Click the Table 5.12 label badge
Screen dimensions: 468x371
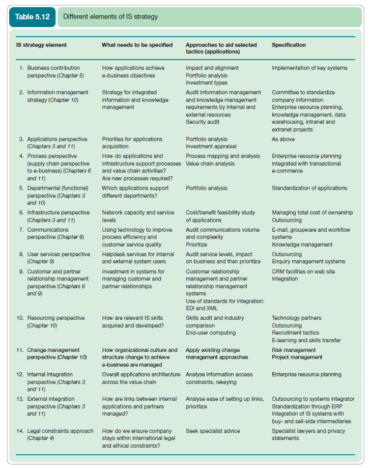(x=32, y=17)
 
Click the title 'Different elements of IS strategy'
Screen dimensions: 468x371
(x=110, y=17)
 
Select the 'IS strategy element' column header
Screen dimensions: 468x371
(x=41, y=45)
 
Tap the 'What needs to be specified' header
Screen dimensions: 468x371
(x=137, y=45)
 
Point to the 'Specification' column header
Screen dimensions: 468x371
(x=289, y=45)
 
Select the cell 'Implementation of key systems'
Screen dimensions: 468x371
(x=309, y=68)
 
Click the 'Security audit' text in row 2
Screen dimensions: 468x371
(x=203, y=122)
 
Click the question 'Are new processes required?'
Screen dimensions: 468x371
(x=137, y=178)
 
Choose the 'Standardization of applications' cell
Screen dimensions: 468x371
(x=309, y=188)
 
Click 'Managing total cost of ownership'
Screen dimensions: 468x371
(x=312, y=212)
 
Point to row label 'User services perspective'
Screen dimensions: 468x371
(x=58, y=254)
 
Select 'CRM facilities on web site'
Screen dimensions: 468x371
(x=303, y=271)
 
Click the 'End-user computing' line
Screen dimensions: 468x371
(x=211, y=333)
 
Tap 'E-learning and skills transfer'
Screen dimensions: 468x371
(x=306, y=340)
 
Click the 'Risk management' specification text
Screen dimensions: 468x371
(x=294, y=350)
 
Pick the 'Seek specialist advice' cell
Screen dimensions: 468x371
(x=213, y=431)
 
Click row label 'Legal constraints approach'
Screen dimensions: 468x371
(x=60, y=431)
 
